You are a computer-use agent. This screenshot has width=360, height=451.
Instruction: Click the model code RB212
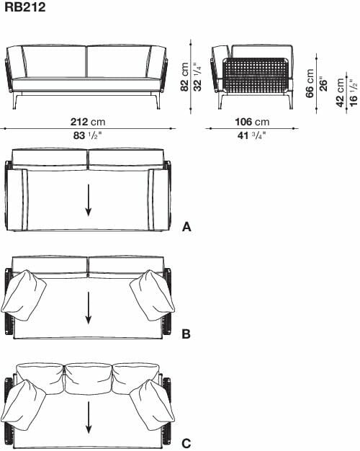coord(25,7)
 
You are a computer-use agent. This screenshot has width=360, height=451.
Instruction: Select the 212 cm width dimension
coord(88,122)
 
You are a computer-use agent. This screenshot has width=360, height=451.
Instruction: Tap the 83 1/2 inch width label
coord(88,135)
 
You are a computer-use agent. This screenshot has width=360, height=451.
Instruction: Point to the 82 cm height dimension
coord(184,77)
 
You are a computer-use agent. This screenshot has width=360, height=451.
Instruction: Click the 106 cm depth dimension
coord(252,122)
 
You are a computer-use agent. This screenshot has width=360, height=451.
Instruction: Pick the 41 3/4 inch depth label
coord(251,135)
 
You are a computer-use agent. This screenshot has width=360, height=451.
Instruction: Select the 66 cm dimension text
coord(310,84)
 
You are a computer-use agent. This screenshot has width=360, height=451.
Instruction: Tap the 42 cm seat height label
coord(340,93)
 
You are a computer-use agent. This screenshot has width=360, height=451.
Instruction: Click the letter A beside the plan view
coord(186,227)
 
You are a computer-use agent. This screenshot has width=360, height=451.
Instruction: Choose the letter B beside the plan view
coord(186,334)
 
